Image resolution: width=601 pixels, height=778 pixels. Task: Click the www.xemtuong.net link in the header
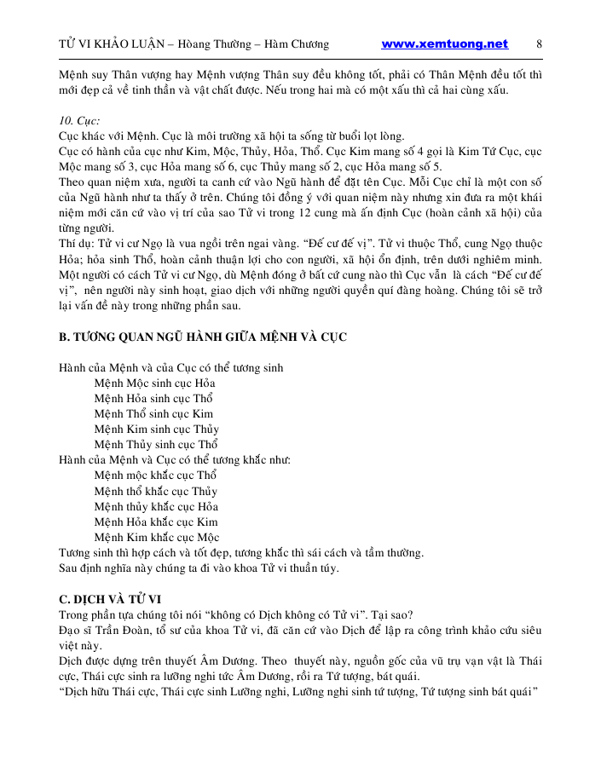point(444,44)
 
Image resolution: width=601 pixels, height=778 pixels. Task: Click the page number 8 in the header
point(540,44)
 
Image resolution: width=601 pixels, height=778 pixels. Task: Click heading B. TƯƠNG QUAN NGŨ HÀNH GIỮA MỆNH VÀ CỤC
point(203,337)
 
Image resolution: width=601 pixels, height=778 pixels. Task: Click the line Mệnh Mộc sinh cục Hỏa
point(155,383)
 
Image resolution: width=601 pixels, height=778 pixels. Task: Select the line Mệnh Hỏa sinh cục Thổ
point(154,399)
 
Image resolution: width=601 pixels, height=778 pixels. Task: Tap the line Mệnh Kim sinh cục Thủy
point(157,429)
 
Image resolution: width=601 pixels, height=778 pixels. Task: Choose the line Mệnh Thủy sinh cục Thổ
point(157,445)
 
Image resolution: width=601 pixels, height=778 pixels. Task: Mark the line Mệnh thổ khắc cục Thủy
point(156,491)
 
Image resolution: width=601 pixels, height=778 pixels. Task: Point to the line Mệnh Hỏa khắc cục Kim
point(156,522)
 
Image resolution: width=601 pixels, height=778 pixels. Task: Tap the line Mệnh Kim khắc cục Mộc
point(157,537)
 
